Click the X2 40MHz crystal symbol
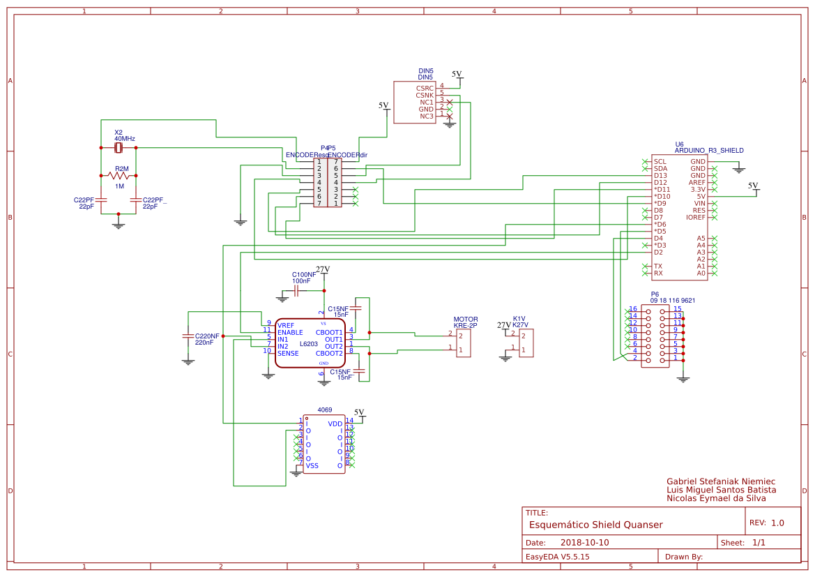(x=118, y=148)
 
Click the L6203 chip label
(x=310, y=344)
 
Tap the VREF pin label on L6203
(x=286, y=326)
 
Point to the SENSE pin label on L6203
(x=288, y=354)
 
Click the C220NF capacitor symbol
(x=188, y=336)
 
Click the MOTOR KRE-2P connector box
(x=464, y=343)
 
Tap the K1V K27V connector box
(x=526, y=343)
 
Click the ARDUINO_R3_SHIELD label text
(x=709, y=150)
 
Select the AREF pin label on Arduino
(x=697, y=183)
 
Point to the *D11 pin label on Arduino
(x=662, y=190)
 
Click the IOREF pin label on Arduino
(x=696, y=218)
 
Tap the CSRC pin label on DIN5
(x=425, y=89)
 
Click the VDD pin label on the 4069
(x=335, y=424)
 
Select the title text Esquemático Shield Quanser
(x=595, y=525)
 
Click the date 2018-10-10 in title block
(x=584, y=543)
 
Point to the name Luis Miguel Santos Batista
(x=721, y=490)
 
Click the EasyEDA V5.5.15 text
(x=557, y=557)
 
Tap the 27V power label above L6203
(x=323, y=269)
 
